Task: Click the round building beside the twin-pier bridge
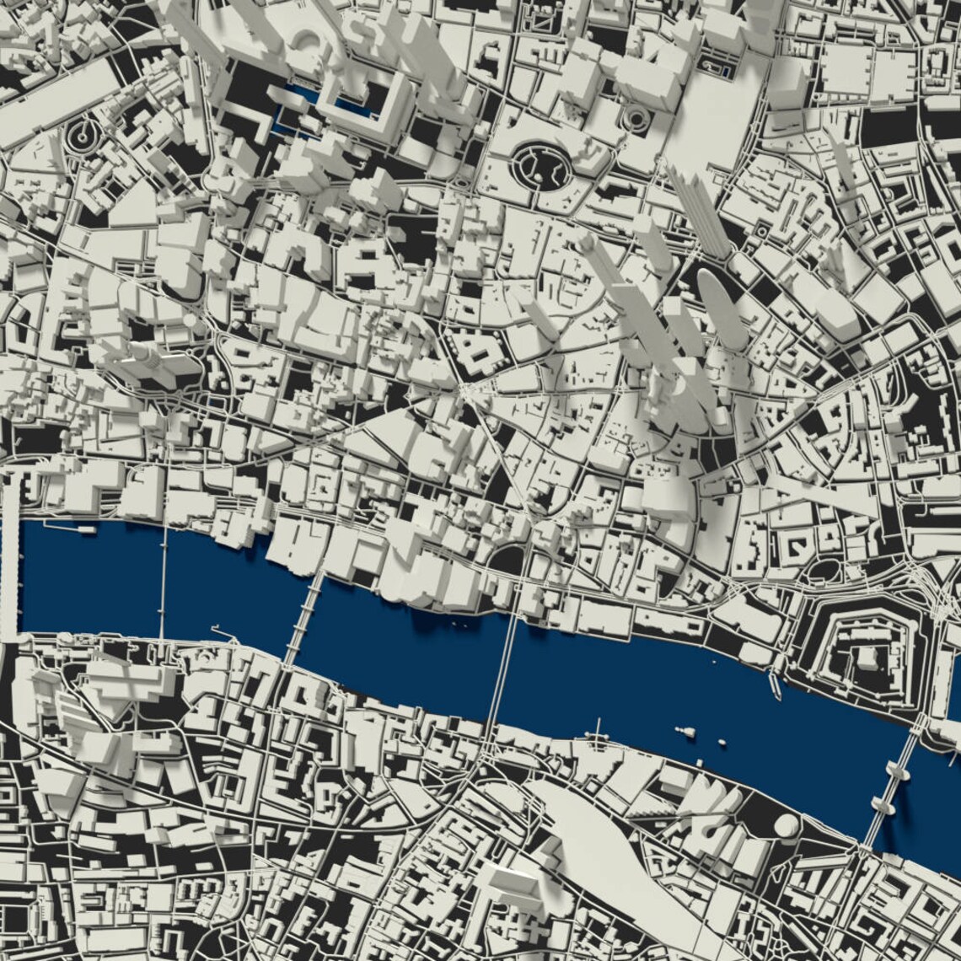click(x=786, y=826)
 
